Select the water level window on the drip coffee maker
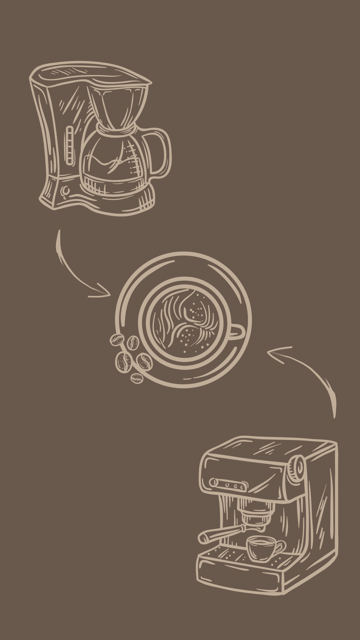70,145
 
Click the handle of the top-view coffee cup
238,332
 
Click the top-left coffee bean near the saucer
117,340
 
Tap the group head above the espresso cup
255,515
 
